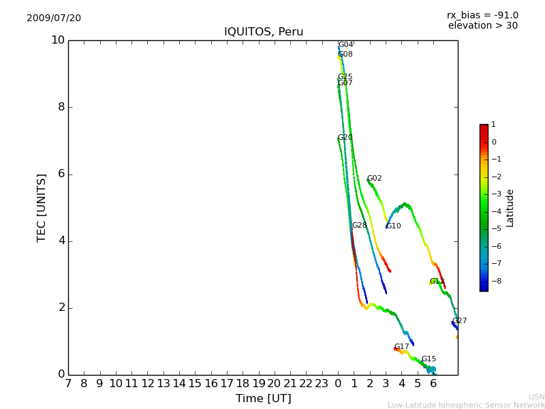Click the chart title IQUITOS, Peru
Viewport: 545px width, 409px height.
click(264, 32)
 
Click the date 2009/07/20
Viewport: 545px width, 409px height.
click(54, 18)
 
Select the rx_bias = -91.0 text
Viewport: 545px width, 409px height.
click(482, 15)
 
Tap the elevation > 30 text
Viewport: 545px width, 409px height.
click(482, 26)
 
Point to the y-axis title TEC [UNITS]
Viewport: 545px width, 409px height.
click(42, 207)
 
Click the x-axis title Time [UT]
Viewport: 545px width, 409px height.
click(263, 398)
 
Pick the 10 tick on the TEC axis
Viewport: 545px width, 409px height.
click(58, 40)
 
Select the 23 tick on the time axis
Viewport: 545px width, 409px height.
click(322, 384)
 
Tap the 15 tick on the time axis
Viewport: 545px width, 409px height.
click(195, 384)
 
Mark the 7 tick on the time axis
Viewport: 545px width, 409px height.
click(68, 384)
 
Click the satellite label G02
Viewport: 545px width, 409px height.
click(375, 179)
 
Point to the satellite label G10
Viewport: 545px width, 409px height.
click(394, 226)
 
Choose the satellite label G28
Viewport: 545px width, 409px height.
click(359, 226)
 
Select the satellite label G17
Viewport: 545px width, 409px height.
click(402, 347)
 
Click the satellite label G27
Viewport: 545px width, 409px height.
click(460, 321)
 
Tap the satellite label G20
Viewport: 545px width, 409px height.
click(345, 138)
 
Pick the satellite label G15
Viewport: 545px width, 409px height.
click(429, 359)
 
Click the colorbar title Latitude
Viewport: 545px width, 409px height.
click(510, 208)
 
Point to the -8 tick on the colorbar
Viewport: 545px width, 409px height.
click(494, 281)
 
